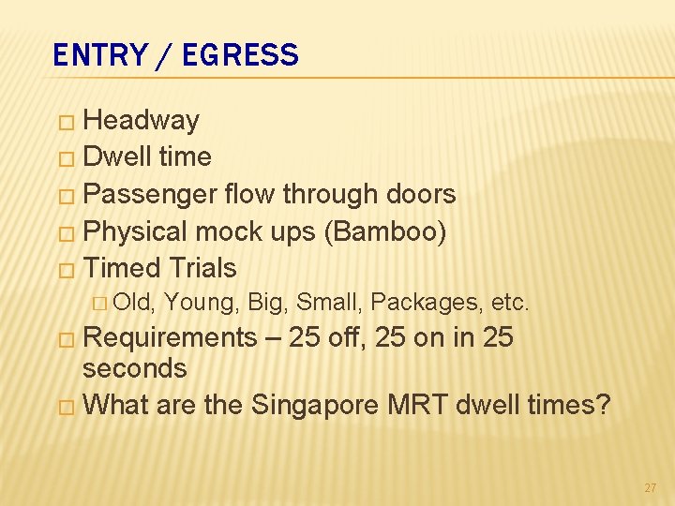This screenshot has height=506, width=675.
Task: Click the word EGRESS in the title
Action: [240, 55]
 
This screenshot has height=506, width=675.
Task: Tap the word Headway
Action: [142, 120]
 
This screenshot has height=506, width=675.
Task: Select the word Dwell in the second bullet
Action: [118, 156]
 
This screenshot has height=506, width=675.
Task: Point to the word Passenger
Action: [151, 194]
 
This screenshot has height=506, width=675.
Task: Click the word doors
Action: [418, 194]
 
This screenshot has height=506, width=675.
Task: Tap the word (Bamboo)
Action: [384, 231]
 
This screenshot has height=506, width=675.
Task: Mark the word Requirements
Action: [170, 337]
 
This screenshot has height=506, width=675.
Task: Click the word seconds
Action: [135, 368]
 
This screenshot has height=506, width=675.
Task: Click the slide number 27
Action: [651, 488]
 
